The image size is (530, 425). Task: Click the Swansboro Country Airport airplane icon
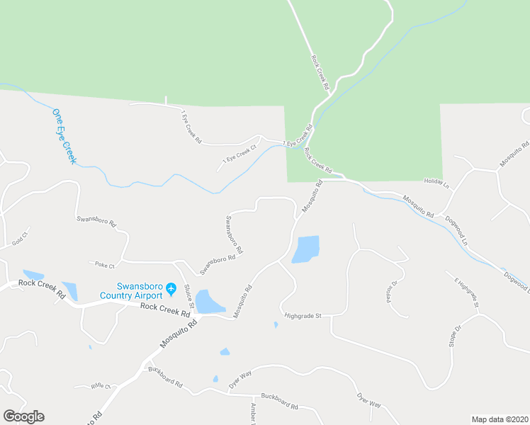[171, 290]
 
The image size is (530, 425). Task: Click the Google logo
[23, 416]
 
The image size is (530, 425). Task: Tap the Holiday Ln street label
[437, 183]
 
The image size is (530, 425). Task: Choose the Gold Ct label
[20, 238]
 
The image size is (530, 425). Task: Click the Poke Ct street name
[103, 264]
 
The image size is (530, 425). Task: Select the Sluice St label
[188, 295]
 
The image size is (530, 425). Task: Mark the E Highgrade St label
[467, 293]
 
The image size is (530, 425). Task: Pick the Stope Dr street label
[454, 338]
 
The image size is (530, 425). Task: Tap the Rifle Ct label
[102, 386]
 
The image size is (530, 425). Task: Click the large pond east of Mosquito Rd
[306, 249]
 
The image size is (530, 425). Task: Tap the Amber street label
[253, 414]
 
